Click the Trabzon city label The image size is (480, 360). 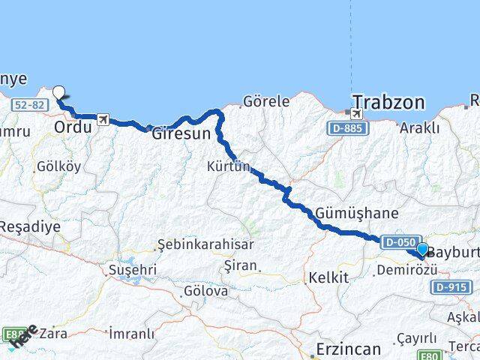point(388,102)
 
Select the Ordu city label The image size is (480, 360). point(72,127)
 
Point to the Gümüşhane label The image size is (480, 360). point(352,213)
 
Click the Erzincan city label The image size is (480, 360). point(348,349)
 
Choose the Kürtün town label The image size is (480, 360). point(229,166)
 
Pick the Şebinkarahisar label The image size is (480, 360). point(205,244)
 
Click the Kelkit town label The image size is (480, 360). point(329,277)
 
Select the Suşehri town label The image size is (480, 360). point(133,268)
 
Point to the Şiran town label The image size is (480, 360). point(240,265)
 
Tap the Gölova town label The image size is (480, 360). point(206,290)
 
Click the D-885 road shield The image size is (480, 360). point(346,129)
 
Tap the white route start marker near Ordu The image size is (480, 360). point(58,93)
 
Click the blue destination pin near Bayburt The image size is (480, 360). point(422,250)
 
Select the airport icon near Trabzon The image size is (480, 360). point(355,113)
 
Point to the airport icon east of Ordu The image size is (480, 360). point(103,119)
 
